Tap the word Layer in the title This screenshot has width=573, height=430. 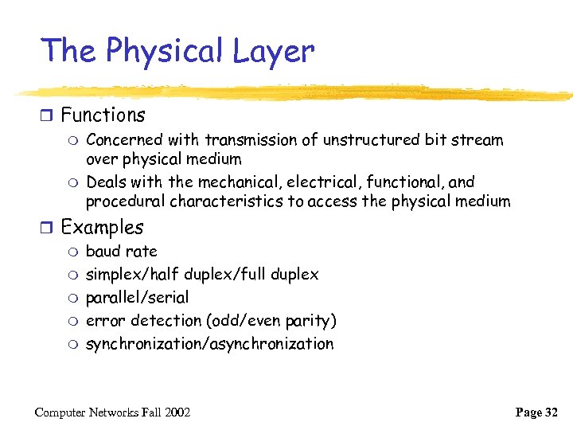275,52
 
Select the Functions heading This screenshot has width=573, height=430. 103,115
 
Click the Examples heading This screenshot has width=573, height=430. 102,227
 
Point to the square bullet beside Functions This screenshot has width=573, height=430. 48,116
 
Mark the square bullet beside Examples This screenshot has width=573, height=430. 48,228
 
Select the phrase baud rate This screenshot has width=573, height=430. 121,252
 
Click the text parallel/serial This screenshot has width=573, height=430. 137,298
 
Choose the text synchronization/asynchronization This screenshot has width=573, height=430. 209,344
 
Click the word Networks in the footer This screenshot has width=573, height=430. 113,412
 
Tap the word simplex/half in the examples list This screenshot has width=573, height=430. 132,275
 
